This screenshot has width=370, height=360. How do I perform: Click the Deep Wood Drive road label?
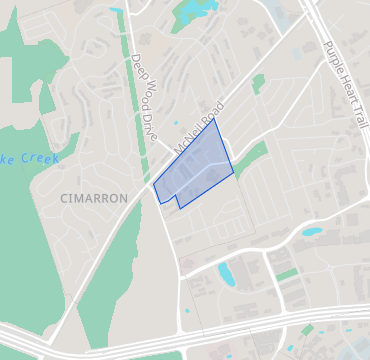143,96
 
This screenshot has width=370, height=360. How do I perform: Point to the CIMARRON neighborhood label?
94,198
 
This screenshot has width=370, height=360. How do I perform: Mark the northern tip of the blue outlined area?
216,119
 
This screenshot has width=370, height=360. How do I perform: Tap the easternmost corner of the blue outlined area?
234,172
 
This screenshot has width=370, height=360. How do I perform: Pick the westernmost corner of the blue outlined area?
154,186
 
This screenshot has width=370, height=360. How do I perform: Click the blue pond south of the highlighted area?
226,272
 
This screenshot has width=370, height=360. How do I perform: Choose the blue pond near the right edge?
312,232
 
